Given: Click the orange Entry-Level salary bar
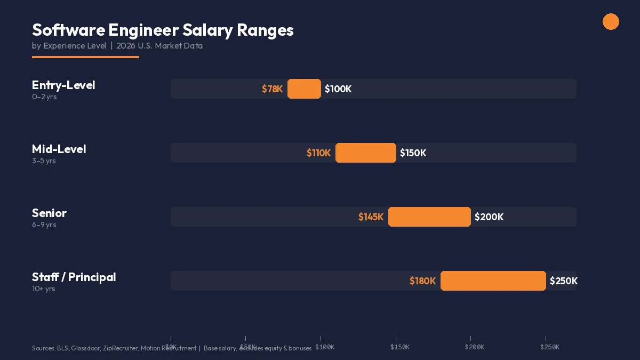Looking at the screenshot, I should point(304,89).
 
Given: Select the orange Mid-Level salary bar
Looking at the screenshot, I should point(366,153).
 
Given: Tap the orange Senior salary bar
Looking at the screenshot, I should point(429,217).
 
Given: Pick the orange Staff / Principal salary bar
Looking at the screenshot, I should point(493,281).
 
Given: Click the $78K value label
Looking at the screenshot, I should point(272,89).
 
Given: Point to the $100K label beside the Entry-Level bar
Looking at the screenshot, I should point(338,89).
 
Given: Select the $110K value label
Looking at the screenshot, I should point(318,153).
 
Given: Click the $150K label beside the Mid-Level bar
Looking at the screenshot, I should point(413,153).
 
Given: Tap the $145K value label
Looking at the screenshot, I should point(371,217).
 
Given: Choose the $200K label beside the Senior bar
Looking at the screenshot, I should point(489,217).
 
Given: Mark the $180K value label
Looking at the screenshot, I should point(422,281).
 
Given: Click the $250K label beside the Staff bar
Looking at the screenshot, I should point(564,281).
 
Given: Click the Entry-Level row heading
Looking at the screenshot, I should point(63,85).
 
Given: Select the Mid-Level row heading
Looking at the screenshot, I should point(59,149).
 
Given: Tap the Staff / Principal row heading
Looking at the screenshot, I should point(74,277).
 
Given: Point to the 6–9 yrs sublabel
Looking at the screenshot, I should point(44,225).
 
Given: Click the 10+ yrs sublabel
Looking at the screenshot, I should point(43,289).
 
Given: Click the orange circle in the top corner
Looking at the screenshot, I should point(611,22).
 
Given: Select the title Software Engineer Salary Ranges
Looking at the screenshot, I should point(163,30).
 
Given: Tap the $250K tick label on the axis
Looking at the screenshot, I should point(549,347).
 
